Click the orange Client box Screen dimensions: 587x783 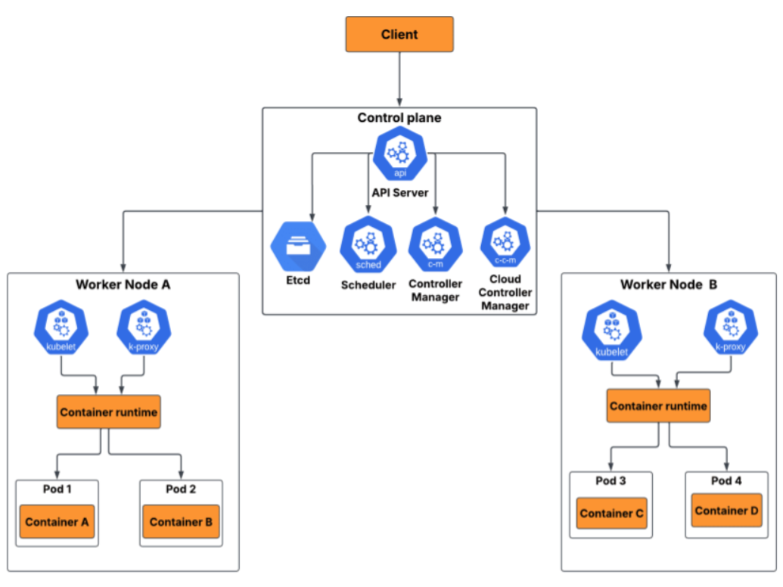[x=399, y=35]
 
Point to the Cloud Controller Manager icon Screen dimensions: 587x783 [x=505, y=244]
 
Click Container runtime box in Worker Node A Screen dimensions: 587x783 [x=108, y=412]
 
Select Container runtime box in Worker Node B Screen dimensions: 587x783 [x=658, y=406]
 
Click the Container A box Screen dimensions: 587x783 [x=57, y=521]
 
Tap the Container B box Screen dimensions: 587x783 [x=181, y=521]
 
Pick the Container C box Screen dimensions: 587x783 [x=611, y=514]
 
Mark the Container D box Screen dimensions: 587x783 [x=726, y=511]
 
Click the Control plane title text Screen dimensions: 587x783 [x=399, y=118]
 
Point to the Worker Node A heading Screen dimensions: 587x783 [x=123, y=284]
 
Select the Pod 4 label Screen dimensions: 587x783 [x=726, y=481]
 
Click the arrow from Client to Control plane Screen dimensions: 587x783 [x=399, y=79]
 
